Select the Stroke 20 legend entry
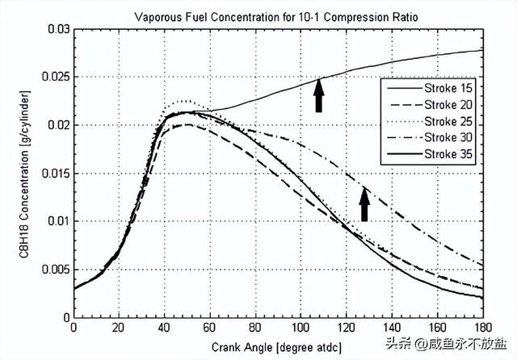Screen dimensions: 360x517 450,105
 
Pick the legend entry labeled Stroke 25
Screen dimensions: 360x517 450,120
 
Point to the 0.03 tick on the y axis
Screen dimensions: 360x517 57,29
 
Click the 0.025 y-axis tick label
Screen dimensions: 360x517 54,77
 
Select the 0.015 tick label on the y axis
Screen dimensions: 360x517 54,174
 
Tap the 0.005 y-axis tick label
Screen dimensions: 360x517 54,270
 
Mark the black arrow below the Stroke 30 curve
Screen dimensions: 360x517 364,204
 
